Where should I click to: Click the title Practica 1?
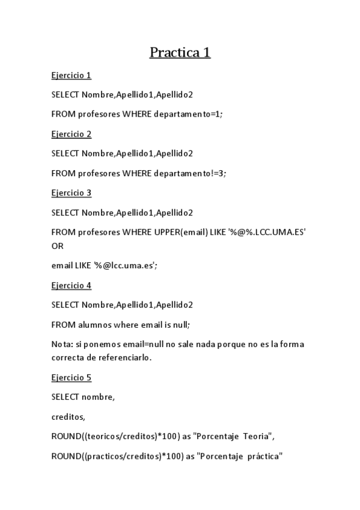point(180,53)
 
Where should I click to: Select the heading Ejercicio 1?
point(71,75)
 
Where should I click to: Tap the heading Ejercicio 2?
point(71,134)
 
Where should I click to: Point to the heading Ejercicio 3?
point(71,193)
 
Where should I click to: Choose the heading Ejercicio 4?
point(71,286)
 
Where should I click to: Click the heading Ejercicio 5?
point(71,378)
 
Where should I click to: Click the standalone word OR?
point(58,246)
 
